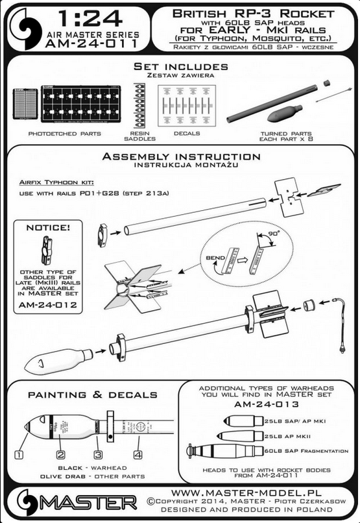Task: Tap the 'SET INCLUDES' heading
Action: coord(180,67)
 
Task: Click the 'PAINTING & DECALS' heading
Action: coord(92,394)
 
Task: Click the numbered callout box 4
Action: coord(138,455)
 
